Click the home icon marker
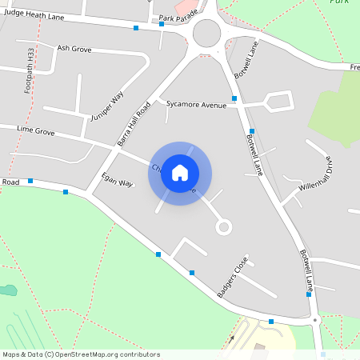pos(180,172)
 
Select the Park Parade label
pos(178,17)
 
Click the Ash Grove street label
pos(74,48)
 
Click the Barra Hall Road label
pos(134,123)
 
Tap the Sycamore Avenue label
pos(197,104)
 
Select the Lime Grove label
pos(35,130)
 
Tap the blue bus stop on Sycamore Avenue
pos(234,97)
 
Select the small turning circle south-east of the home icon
pos(223,227)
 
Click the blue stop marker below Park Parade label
pos(161,25)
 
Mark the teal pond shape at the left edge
pos(7,290)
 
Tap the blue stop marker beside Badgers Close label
pos(192,273)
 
